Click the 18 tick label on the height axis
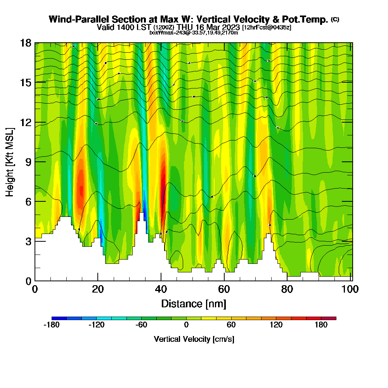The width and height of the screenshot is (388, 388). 26,43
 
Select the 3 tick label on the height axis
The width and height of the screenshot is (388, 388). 28,241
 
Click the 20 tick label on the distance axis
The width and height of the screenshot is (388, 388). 98,289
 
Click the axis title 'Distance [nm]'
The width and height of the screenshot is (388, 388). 194,303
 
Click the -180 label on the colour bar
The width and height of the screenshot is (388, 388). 52,325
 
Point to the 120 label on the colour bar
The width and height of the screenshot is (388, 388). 276,325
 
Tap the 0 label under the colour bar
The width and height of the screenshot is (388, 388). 186,325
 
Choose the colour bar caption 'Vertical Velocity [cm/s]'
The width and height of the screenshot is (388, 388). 194,339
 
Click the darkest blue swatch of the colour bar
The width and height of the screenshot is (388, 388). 59,318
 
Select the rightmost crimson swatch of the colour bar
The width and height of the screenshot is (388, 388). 329,318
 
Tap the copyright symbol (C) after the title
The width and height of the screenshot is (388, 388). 335,19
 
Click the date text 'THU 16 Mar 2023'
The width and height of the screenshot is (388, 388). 208,27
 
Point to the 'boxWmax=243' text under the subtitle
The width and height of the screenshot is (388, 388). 164,33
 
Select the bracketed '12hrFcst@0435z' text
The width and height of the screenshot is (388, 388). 267,28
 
